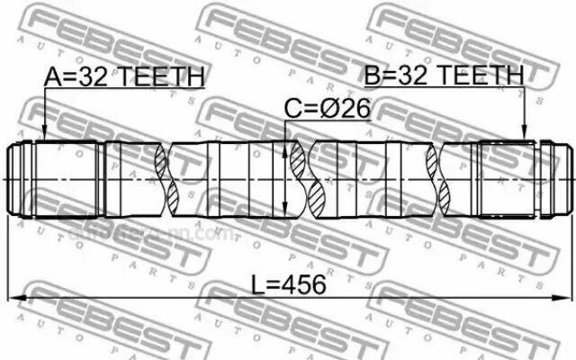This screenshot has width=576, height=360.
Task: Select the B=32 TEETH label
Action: coord(444,74)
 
